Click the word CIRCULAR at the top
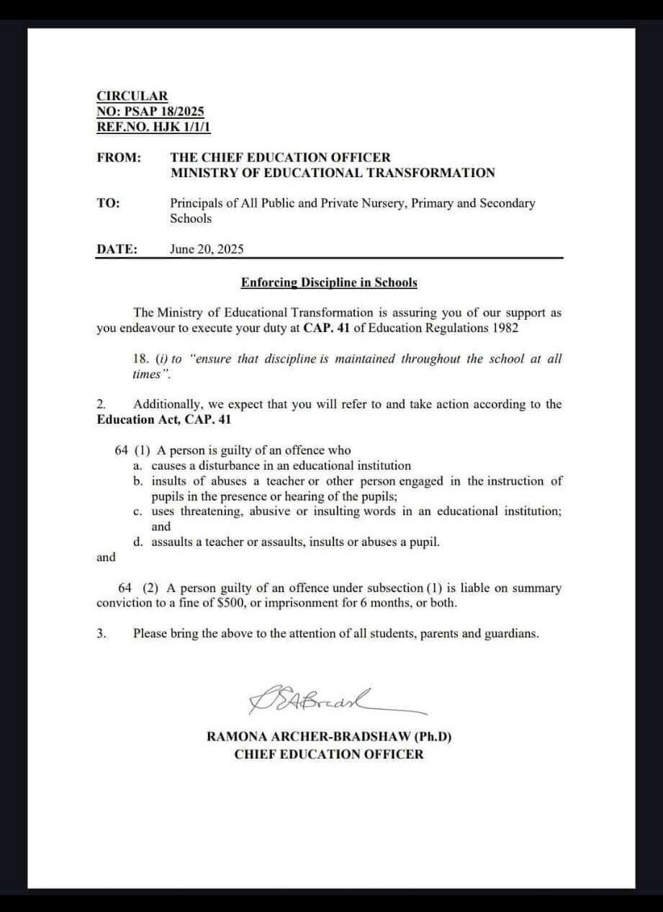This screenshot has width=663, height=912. (132, 96)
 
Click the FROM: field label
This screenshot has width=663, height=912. (118, 157)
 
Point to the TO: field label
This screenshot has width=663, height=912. (108, 203)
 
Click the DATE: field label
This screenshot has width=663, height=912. (117, 249)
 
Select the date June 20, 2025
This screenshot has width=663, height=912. (207, 249)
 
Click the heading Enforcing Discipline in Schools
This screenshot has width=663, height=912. (329, 282)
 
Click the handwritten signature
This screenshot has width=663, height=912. (317, 699)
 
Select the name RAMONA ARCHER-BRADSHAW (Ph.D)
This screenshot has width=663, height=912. (329, 737)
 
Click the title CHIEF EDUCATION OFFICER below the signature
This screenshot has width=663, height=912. (329, 754)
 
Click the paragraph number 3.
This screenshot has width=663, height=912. (102, 634)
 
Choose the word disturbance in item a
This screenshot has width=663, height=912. (222, 465)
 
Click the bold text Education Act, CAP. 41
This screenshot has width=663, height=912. (163, 419)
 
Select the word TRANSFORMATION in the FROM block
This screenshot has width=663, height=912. (430, 173)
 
